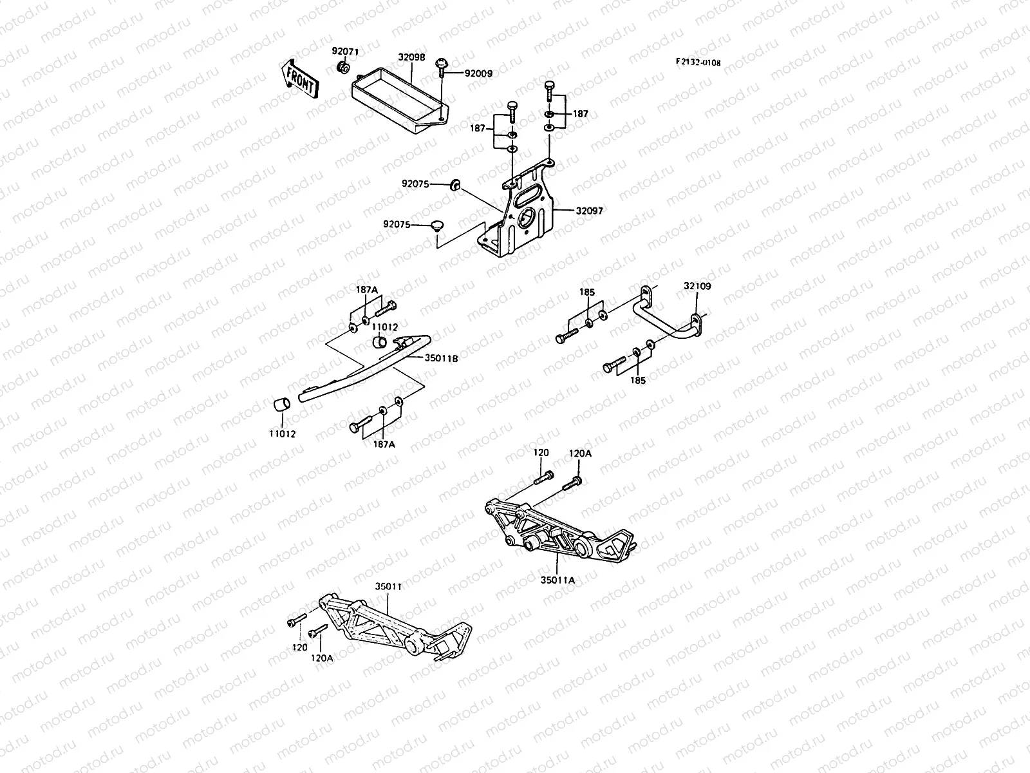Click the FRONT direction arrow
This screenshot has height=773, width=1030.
pyautogui.click(x=299, y=79)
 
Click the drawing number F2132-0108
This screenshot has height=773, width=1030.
pyautogui.click(x=698, y=62)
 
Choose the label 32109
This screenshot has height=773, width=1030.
pyautogui.click(x=697, y=286)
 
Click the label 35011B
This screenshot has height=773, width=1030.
pyautogui.click(x=441, y=358)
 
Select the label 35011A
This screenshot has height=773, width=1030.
pyautogui.click(x=557, y=580)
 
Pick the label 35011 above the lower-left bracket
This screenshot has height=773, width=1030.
pyautogui.click(x=388, y=587)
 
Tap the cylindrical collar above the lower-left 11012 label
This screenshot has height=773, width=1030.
pyautogui.click(x=282, y=405)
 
